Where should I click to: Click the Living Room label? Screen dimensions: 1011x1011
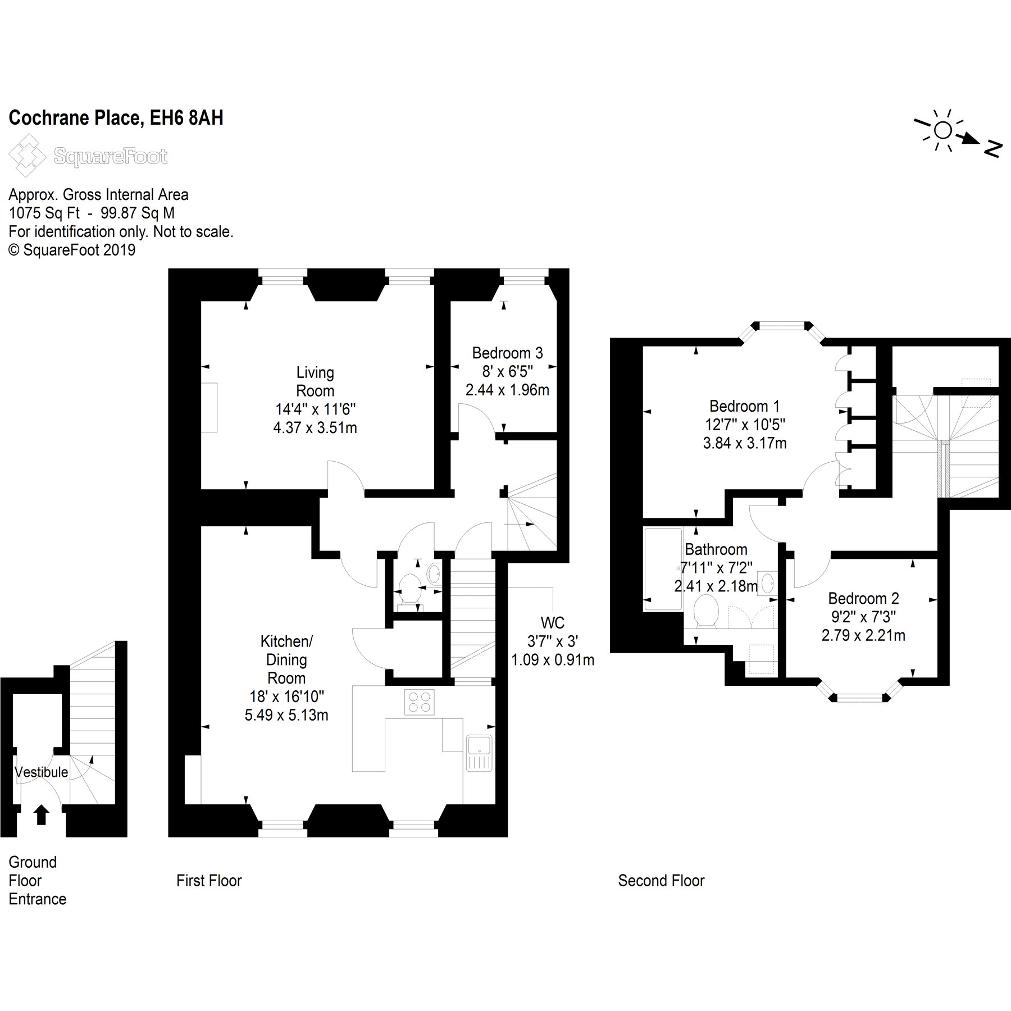coord(315,381)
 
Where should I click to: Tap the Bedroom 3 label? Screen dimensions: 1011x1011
coord(507,353)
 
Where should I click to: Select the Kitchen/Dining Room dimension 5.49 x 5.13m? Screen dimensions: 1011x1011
coord(286,715)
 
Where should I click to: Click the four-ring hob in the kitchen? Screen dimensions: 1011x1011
coord(419,702)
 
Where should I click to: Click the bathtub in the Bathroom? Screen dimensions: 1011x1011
coord(663,569)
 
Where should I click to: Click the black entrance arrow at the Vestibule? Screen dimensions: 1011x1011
coord(40,814)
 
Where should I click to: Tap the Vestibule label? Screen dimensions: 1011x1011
coord(41,772)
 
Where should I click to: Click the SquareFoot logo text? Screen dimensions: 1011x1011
coord(111,156)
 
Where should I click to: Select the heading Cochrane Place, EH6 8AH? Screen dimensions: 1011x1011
coord(116,118)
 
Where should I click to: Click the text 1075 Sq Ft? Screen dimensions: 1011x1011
coord(44,213)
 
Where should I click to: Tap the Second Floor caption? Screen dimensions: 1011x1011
coord(661,880)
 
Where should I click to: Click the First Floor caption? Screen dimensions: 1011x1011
coord(209,880)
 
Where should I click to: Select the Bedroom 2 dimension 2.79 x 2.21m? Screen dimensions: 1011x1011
coord(863,635)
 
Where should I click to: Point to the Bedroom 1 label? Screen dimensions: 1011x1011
coord(744,406)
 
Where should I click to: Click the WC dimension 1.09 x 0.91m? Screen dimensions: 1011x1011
coord(553,659)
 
